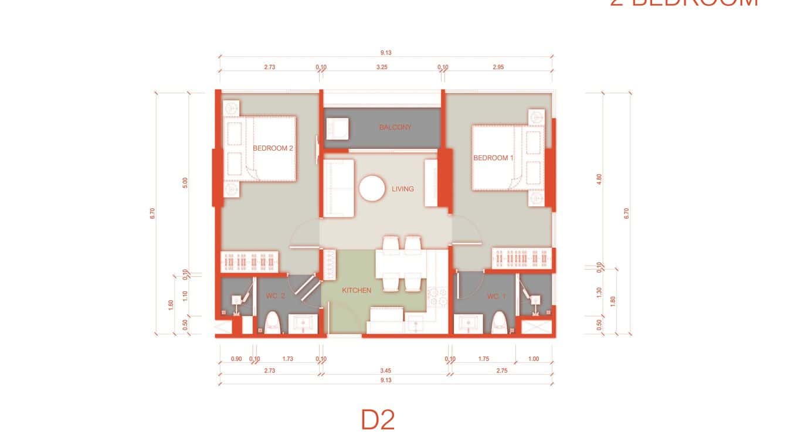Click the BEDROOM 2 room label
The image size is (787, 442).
(x=273, y=148)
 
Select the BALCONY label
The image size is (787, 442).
(x=395, y=127)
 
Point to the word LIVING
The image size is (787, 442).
(x=403, y=189)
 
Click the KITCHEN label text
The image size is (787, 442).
(x=357, y=290)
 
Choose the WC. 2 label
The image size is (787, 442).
(x=275, y=297)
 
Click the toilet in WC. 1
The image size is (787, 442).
(x=499, y=323)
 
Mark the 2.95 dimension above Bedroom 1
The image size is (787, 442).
(x=497, y=67)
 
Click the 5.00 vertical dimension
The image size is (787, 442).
(x=185, y=183)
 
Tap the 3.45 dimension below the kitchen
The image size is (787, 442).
(x=385, y=370)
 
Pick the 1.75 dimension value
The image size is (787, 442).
(x=484, y=359)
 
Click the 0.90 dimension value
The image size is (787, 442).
(x=236, y=359)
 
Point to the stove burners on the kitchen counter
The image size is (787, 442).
(x=436, y=296)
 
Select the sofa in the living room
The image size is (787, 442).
(x=339, y=188)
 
